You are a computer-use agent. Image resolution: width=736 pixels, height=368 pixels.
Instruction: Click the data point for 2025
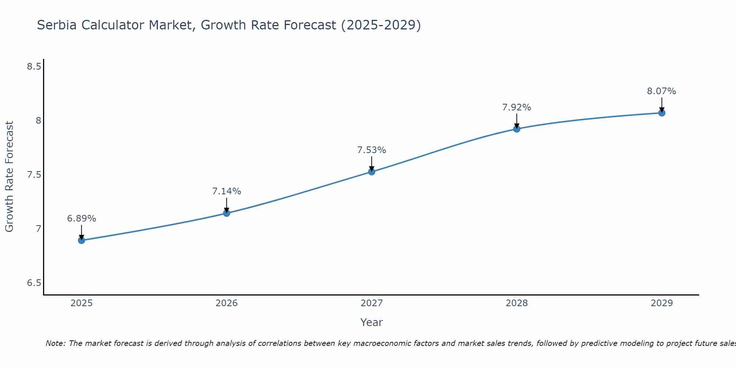(x=81, y=240)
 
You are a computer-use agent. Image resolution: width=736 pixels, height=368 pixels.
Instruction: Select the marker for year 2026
(x=226, y=213)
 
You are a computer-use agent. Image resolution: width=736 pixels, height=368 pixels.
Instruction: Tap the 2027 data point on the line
(x=371, y=171)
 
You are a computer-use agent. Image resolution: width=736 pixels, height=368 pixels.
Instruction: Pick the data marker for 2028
(x=516, y=129)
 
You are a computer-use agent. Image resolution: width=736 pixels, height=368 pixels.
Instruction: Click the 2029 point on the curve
(x=661, y=113)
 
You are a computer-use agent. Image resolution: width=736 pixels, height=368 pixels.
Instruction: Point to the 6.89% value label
(x=81, y=219)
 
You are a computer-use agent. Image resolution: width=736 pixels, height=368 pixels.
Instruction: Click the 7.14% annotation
(x=226, y=191)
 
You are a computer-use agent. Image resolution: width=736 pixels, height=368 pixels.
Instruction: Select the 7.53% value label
(x=371, y=150)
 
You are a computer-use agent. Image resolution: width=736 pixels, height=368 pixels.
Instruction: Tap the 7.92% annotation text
(x=516, y=107)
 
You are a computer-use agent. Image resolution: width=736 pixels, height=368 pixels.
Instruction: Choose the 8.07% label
(x=661, y=91)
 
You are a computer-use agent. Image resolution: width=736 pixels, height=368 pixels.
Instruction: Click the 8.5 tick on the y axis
(x=34, y=67)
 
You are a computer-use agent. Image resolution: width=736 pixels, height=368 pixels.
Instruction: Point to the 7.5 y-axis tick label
(x=34, y=175)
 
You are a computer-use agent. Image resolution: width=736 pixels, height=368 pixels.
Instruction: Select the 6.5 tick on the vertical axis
(x=34, y=283)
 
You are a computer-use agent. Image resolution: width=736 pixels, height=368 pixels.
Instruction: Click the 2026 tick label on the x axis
(x=226, y=303)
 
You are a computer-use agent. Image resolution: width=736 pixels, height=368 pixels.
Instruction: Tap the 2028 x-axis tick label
(x=516, y=303)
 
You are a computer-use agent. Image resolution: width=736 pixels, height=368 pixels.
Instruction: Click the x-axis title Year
(x=371, y=322)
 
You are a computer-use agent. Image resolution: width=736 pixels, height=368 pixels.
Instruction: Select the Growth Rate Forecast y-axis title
(x=9, y=177)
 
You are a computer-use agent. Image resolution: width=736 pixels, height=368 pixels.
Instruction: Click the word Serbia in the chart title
(x=57, y=25)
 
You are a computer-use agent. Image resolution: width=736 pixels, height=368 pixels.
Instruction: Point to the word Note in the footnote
(x=55, y=343)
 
